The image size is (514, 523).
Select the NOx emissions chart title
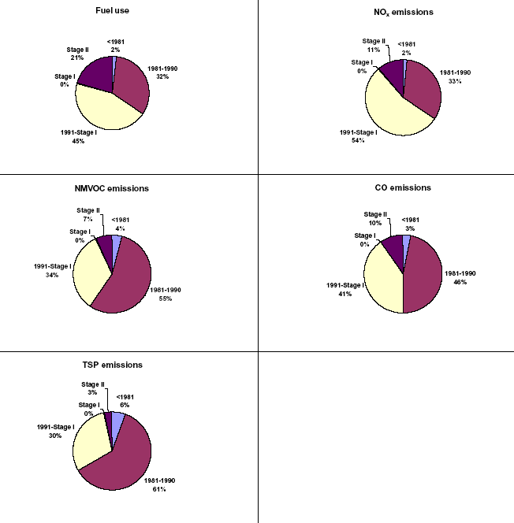404,12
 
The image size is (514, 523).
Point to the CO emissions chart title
404,187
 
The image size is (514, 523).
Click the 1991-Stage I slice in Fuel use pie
102,110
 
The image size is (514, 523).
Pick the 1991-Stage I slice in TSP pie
87,441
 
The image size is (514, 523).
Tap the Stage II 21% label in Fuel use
76,54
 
